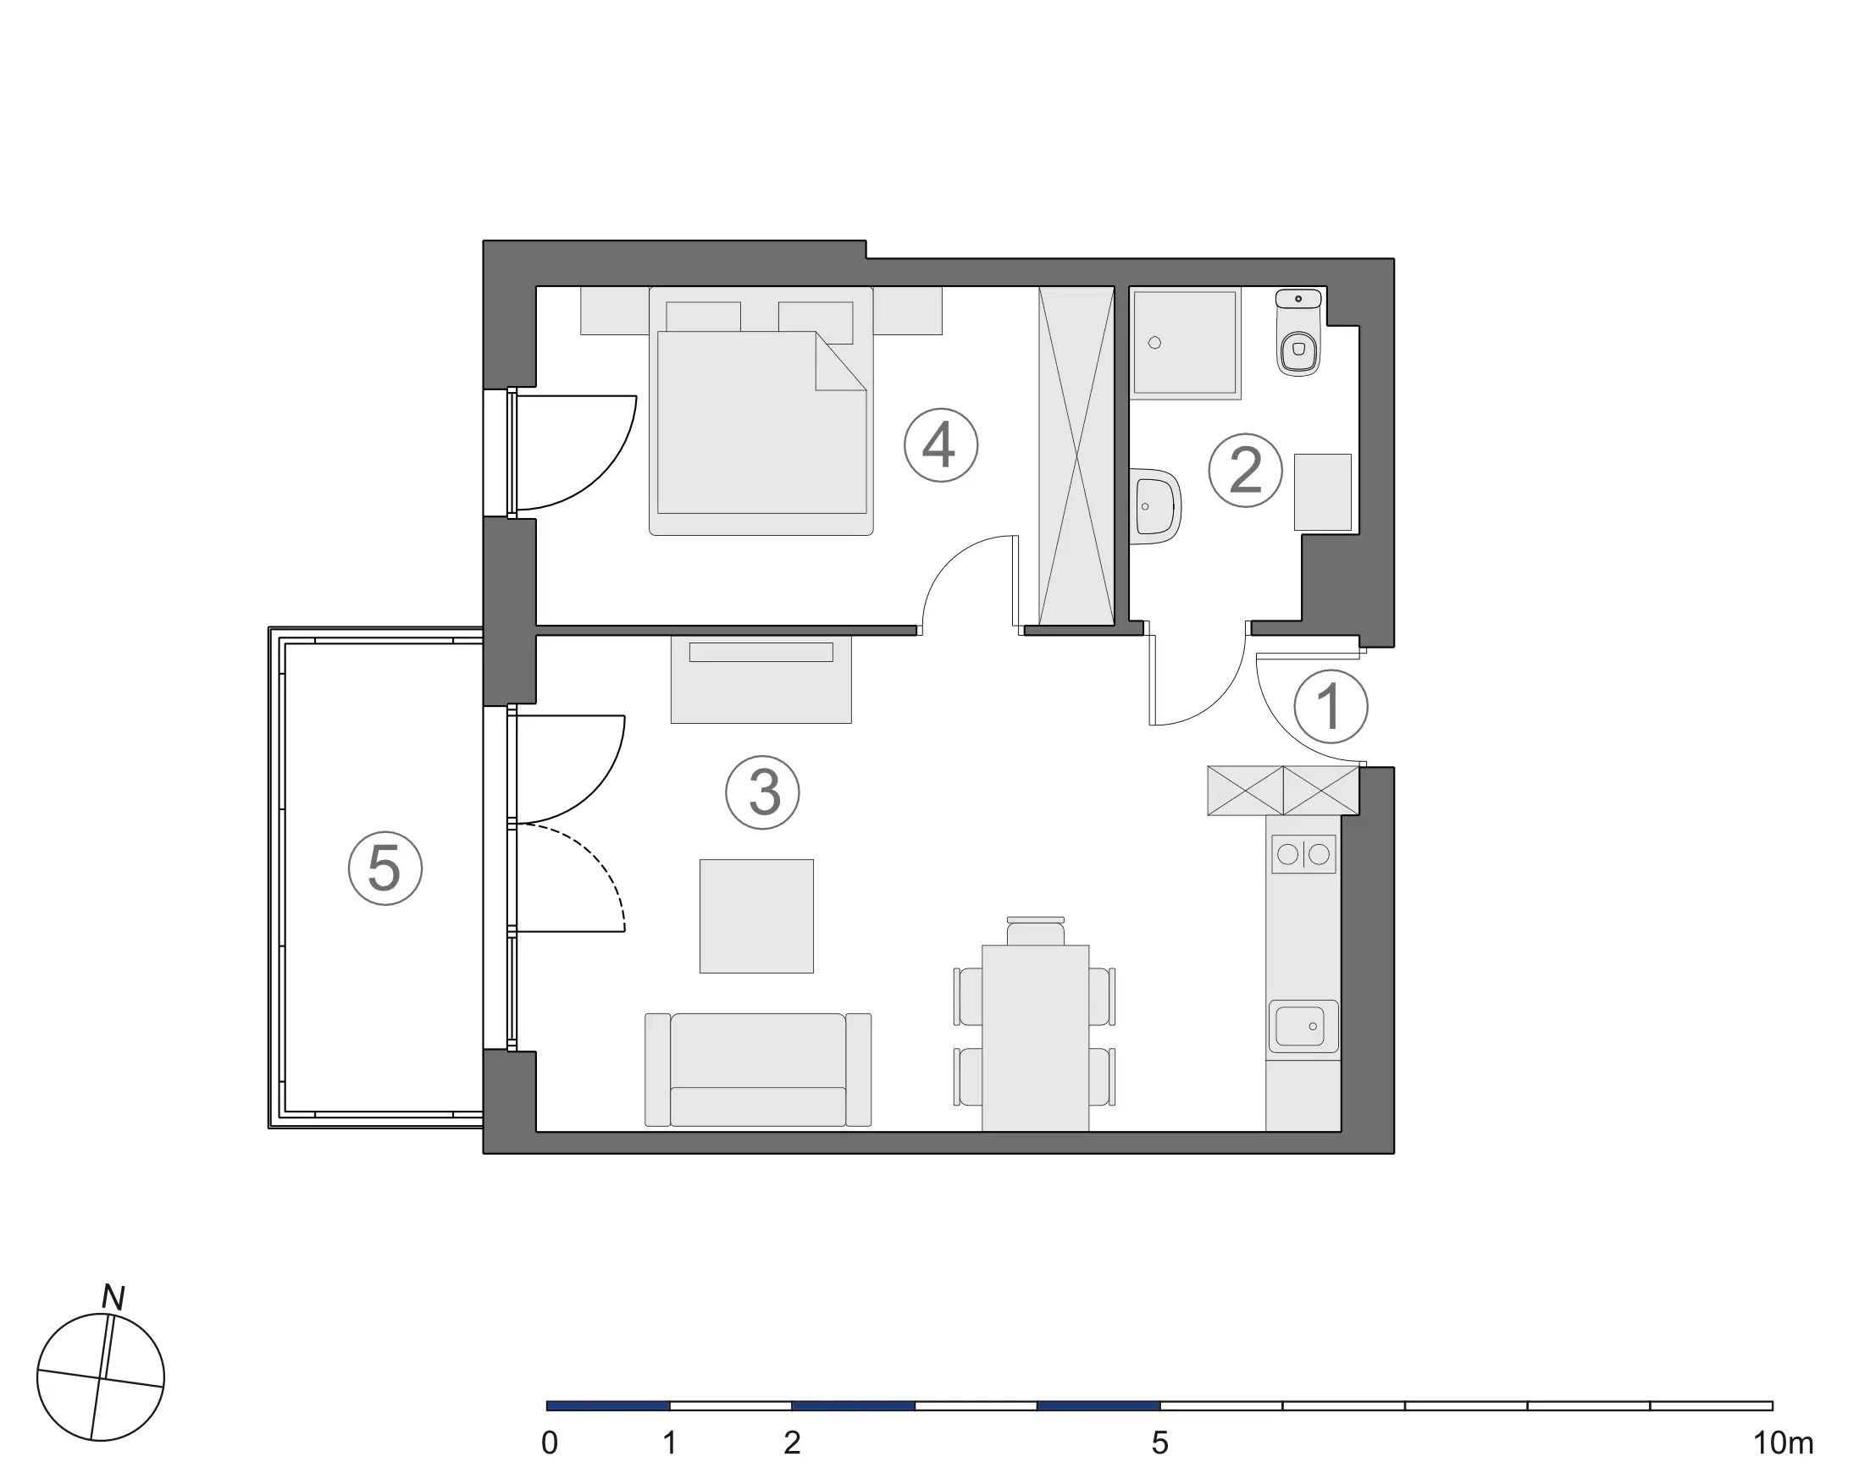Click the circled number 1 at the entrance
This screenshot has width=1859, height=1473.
point(1331,707)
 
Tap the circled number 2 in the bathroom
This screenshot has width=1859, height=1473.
point(1245,470)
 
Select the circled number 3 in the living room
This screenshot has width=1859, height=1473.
point(762,793)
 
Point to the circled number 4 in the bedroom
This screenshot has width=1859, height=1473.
point(941,445)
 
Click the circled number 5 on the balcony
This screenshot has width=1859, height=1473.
point(385,868)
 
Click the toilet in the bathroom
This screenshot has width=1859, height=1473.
point(1297,333)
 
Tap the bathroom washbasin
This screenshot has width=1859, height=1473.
point(1154,507)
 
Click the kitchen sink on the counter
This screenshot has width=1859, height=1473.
point(1303,1028)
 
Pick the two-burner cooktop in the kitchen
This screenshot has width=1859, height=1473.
point(1303,854)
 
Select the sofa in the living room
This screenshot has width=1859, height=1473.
point(758,1070)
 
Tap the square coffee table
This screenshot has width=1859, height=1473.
point(756,916)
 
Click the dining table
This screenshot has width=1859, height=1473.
point(1035,1038)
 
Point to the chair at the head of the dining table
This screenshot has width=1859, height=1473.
point(1036,931)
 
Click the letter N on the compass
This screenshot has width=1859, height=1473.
point(113,1297)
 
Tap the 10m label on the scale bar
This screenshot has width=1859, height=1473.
point(1782,1443)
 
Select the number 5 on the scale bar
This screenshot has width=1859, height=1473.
point(1159,1443)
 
